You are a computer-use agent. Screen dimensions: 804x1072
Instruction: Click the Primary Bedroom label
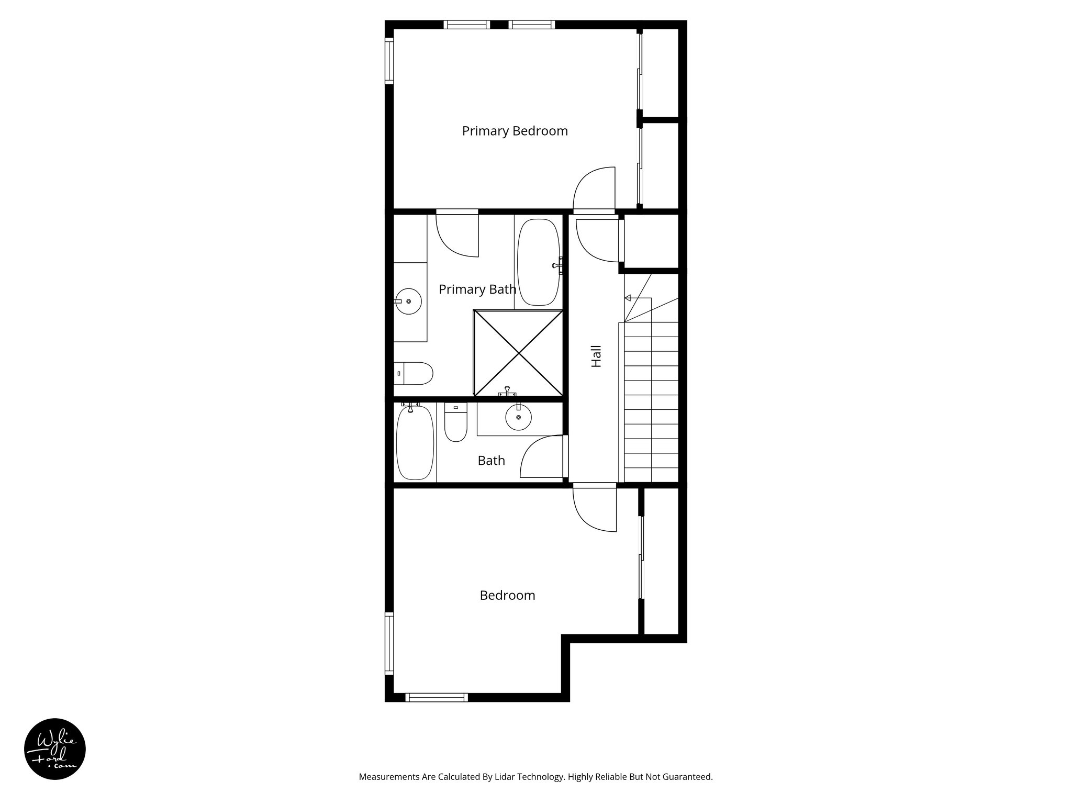pos(515,131)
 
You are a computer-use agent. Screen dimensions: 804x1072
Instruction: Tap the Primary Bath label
pos(477,289)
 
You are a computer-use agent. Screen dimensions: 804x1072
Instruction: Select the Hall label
pos(596,356)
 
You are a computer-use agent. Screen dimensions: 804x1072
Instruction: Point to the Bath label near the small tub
pos(491,461)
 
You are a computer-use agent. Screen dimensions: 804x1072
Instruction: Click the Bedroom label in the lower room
pos(507,596)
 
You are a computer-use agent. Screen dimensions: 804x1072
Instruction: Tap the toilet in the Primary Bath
pos(414,373)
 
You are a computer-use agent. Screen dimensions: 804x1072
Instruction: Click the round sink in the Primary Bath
pos(408,301)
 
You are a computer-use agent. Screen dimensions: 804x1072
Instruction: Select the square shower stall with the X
pos(518,353)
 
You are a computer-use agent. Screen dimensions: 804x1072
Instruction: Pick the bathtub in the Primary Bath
pos(539,262)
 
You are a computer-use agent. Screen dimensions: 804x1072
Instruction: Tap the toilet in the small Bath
pos(455,422)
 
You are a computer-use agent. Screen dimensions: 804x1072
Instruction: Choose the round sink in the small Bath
pos(518,417)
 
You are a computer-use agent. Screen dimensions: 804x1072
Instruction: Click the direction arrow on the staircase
pos(628,298)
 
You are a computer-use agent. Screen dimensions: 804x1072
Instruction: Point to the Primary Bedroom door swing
pos(594,188)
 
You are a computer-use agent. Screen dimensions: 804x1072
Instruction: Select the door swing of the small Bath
pos(542,457)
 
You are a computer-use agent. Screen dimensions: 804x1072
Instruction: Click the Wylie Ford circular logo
pos(55,749)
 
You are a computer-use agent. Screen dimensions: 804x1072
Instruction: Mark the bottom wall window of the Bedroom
pos(437,697)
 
